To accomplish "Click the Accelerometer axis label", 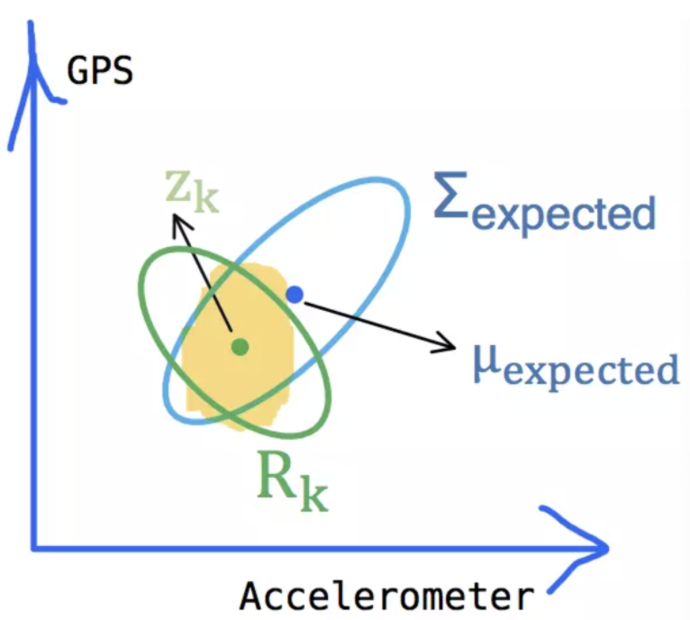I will point(386,597).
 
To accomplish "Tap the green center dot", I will point(239,345).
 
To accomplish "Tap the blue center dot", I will point(294,294).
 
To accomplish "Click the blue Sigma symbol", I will point(453,200).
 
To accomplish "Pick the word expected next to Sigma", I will point(565,214).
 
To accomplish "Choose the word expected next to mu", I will point(589,370).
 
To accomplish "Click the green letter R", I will point(276,477).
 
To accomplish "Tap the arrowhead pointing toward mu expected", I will point(447,342).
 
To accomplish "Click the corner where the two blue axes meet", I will point(34,545).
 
